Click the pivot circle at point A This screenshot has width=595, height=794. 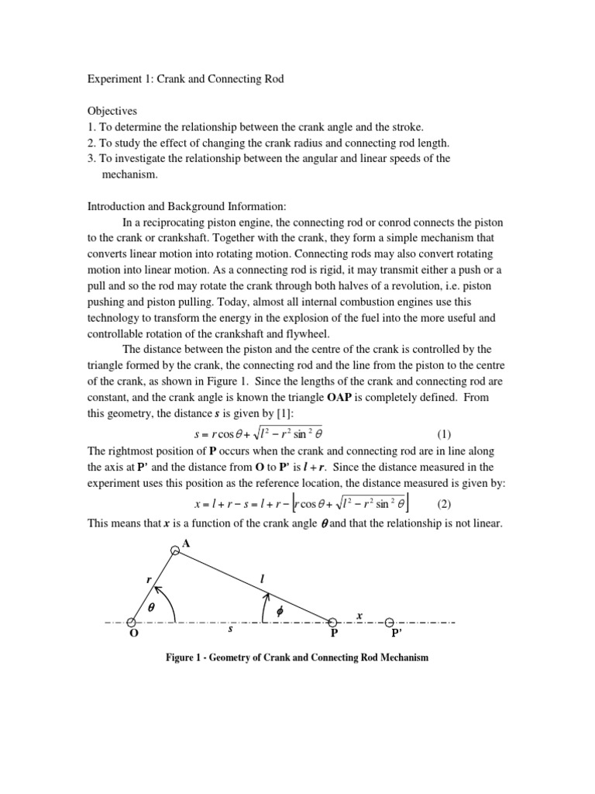(x=176, y=548)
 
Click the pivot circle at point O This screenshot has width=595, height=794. (x=132, y=622)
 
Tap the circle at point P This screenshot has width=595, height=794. (x=333, y=622)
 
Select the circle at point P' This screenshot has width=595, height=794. (x=390, y=622)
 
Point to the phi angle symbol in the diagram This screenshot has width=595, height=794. (x=280, y=611)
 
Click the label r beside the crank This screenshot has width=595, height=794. (x=143, y=578)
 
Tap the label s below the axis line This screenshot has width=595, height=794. (x=230, y=630)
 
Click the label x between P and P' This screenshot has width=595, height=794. (x=359, y=615)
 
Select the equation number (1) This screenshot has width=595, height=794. (x=436, y=433)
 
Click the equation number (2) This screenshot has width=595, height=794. (x=443, y=503)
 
